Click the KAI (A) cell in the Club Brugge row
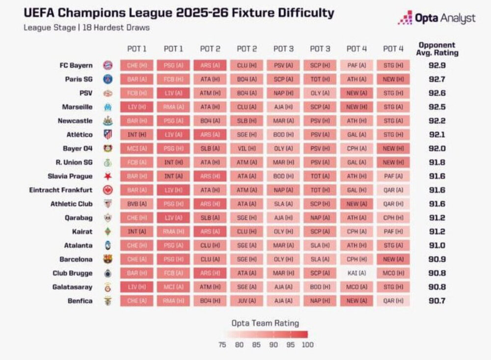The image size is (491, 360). pos(356,273)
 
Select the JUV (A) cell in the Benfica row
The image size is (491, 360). pos(246,301)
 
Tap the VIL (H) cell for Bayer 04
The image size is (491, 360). pos(246,148)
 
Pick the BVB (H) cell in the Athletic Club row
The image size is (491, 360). pos(136,204)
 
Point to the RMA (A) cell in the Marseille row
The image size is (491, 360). pos(173,107)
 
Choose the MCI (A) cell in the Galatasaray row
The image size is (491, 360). pos(173,287)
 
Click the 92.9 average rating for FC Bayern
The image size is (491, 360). pos(436,65)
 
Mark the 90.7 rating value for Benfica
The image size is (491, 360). pos(436,301)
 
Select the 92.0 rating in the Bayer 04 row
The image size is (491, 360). pos(436,148)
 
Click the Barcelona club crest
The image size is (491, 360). pos(108,259)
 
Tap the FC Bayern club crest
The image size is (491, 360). pos(108,65)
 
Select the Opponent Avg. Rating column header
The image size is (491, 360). pos(436,49)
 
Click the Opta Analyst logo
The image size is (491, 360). pos(436,18)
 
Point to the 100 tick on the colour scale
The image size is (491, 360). pos(308,345)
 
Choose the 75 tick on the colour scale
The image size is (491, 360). pos(222,345)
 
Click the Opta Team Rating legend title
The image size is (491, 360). pos(265,323)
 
